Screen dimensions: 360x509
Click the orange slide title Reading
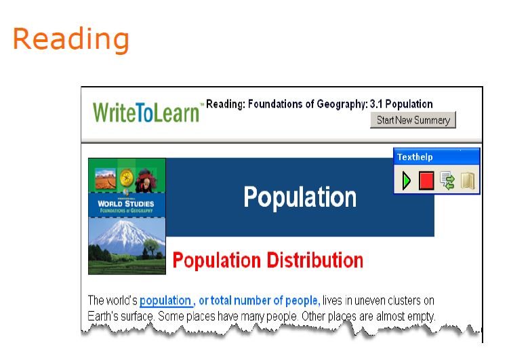tap(70, 39)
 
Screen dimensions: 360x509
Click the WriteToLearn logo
tap(146, 112)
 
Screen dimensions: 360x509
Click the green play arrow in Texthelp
tap(407, 180)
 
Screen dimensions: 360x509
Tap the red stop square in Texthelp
tap(426, 180)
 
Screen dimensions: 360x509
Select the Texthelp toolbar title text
tap(415, 157)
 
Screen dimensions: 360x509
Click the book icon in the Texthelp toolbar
tap(467, 180)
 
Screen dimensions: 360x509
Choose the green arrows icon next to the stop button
tap(447, 180)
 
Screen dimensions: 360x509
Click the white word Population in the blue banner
tap(300, 197)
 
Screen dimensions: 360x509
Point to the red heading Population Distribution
tap(268, 260)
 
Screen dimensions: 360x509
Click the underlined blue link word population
tap(165, 300)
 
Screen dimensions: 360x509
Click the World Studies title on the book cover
tap(126, 203)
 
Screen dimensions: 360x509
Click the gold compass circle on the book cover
tap(127, 176)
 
